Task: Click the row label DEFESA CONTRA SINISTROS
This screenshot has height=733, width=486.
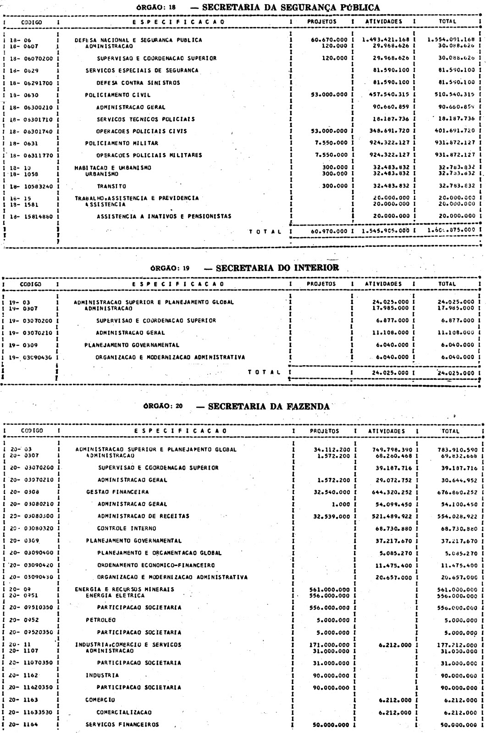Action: coord(138,83)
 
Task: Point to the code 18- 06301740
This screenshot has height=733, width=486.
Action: coord(29,131)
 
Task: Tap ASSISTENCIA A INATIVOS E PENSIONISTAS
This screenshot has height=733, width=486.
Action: coord(164,216)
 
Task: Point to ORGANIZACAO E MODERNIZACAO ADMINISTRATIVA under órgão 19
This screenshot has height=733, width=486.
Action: coord(170,357)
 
